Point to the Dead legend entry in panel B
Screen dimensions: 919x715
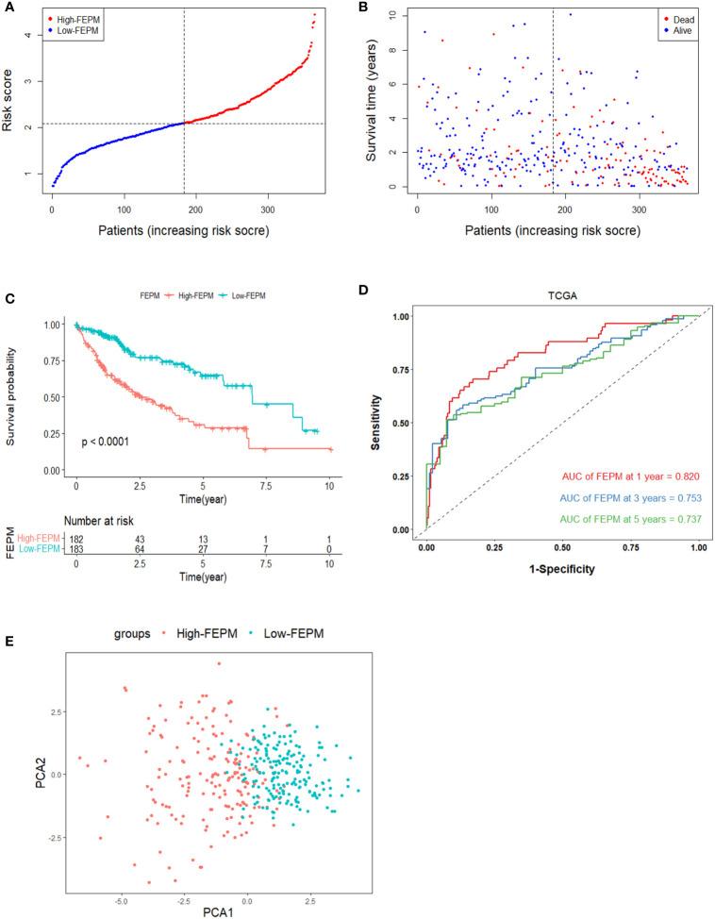click(676, 18)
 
